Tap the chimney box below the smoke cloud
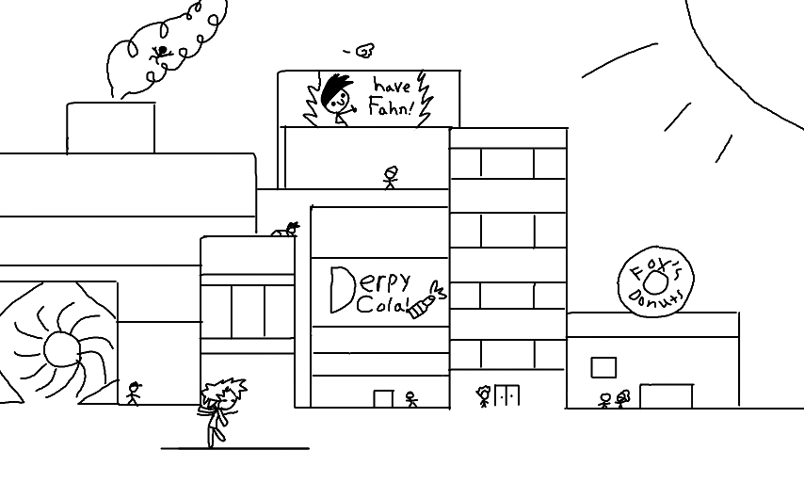[110, 127]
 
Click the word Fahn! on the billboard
[390, 108]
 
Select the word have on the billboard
[393, 85]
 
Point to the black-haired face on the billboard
[338, 98]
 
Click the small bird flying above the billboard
[362, 50]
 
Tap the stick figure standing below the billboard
[391, 177]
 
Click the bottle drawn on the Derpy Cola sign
[426, 300]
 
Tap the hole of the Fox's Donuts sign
[658, 281]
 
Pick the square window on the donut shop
[603, 366]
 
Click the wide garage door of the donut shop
[666, 395]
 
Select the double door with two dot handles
[507, 395]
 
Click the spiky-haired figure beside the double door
[484, 395]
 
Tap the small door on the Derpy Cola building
[383, 398]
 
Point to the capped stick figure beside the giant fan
[133, 393]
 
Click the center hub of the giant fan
[60, 349]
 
